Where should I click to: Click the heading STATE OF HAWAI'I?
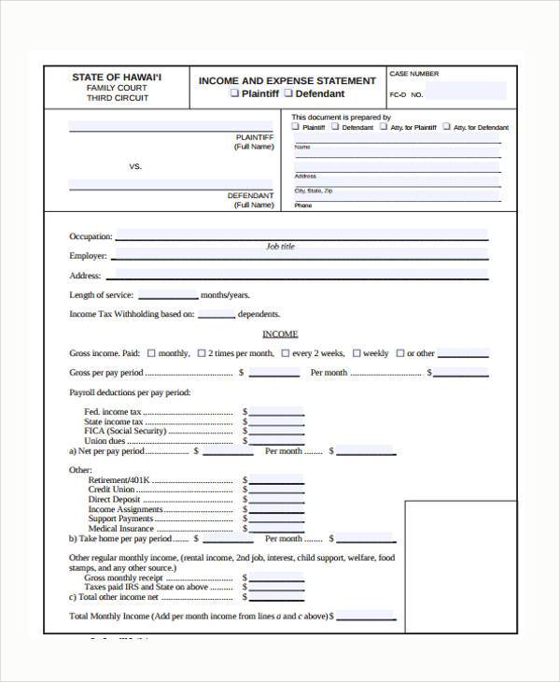(117, 77)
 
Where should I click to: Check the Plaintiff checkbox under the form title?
(234, 93)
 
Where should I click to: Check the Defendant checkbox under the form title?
(288, 93)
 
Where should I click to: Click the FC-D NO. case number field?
(467, 92)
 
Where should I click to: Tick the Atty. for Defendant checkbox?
(447, 126)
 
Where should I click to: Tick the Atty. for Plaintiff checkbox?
(384, 126)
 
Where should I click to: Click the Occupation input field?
(301, 235)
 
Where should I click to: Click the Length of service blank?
(167, 294)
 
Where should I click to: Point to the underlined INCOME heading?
(280, 334)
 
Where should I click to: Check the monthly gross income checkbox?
(150, 353)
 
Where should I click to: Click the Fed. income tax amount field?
(276, 411)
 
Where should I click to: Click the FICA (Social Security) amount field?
(276, 431)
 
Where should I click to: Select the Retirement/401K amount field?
(276, 479)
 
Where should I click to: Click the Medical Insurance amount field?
(276, 529)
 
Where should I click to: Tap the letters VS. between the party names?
(135, 166)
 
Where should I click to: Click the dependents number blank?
(216, 314)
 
